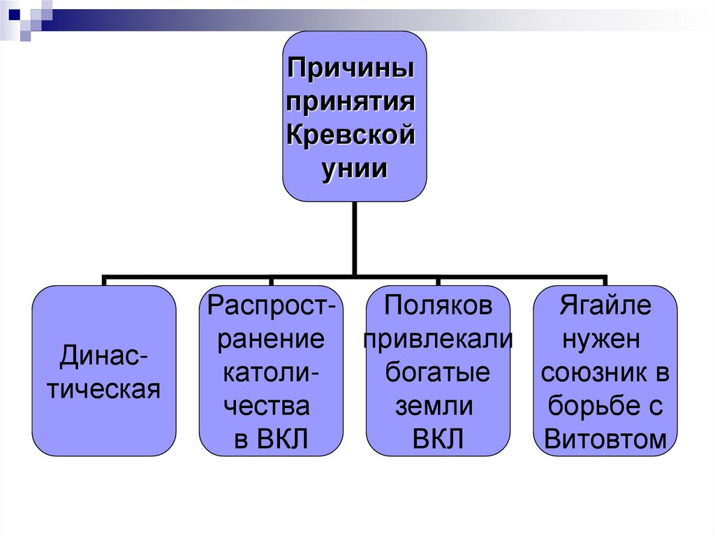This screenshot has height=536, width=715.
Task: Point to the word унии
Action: [354, 168]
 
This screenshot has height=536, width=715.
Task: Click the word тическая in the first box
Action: [103, 389]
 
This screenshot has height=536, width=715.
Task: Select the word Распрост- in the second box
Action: [271, 306]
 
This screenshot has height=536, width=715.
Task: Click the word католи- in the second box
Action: [271, 372]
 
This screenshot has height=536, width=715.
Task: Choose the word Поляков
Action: [438, 306]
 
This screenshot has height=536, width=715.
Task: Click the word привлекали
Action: [438, 339]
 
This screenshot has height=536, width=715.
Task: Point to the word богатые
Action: [438, 372]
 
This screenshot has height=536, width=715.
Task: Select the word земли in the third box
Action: [434, 405]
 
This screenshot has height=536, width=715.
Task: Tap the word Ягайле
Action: [605, 306]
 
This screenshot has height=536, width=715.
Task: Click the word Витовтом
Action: [605, 438]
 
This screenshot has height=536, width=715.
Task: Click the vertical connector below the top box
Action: [355, 238]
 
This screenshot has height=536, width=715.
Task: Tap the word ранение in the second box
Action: [271, 339]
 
